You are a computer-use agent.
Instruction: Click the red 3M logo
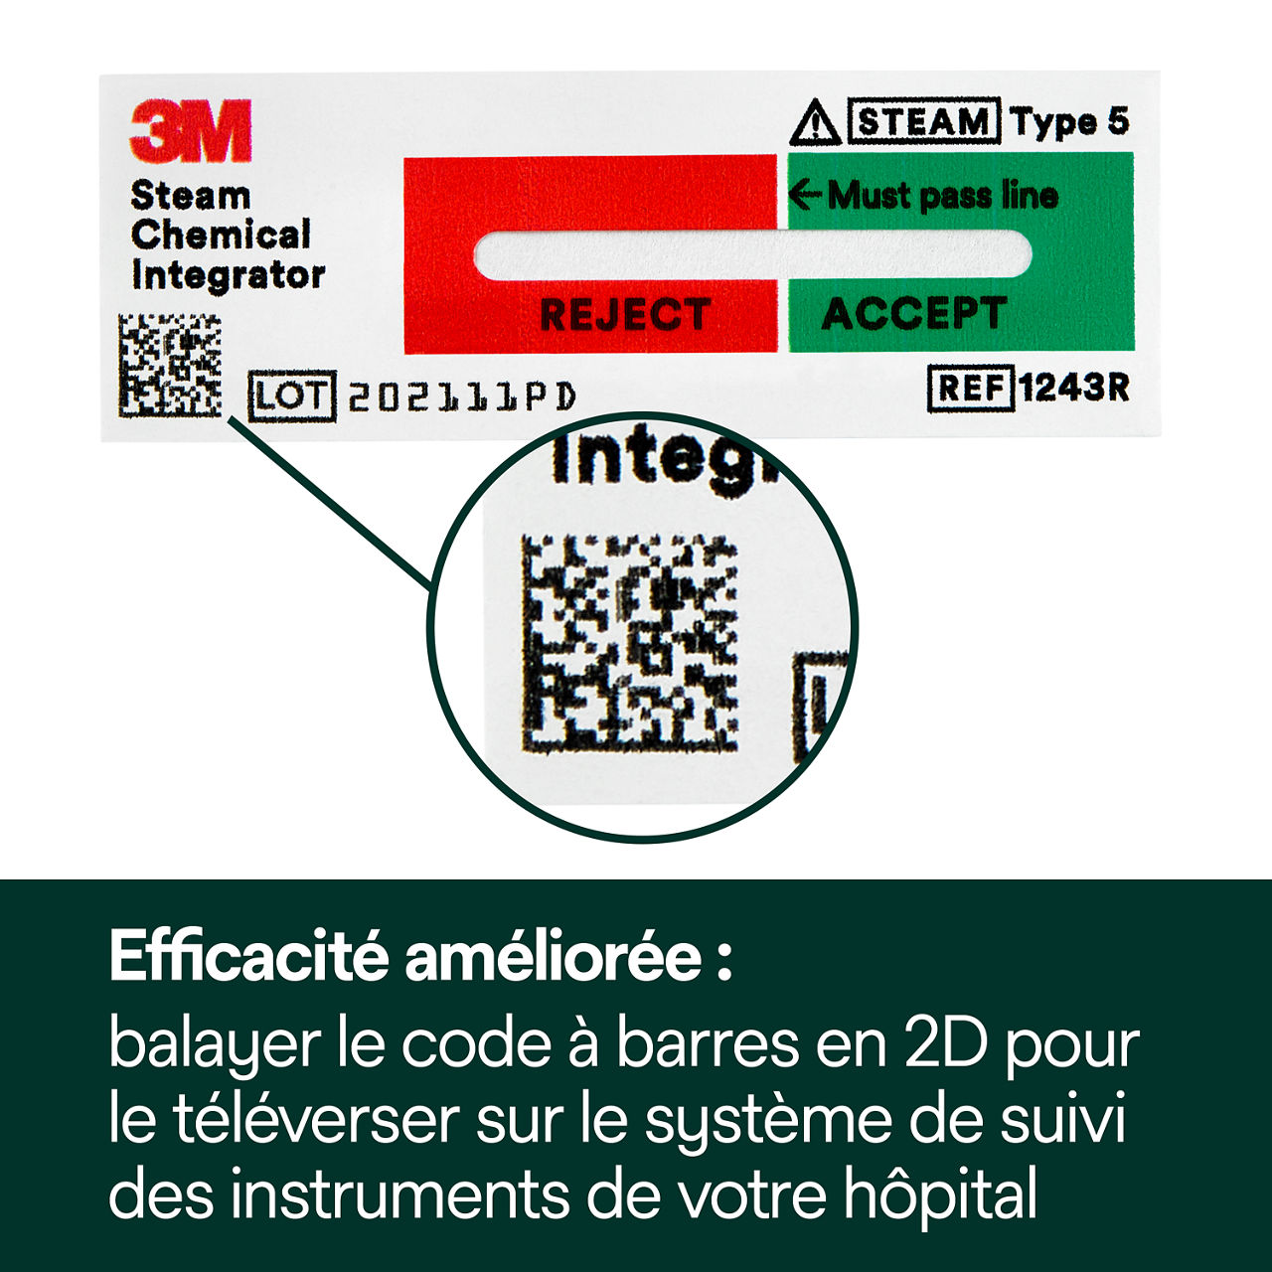[190, 131]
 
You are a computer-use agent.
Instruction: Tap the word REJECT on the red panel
[625, 315]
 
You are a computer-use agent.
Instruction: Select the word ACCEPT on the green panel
[913, 314]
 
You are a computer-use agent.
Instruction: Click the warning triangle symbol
[815, 123]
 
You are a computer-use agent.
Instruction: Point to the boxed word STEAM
[924, 121]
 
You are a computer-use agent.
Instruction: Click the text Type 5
[1070, 121]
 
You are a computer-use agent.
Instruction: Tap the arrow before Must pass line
[805, 195]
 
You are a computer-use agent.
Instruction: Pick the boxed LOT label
[292, 397]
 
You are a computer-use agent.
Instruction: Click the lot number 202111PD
[461, 397]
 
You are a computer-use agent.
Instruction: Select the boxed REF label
[970, 388]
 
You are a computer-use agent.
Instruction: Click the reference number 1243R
[1073, 388]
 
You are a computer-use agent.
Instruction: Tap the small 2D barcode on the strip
[170, 365]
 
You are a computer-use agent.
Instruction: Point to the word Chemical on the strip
[221, 236]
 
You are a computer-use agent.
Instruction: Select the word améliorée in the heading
[554, 957]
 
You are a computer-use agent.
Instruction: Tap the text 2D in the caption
[946, 1044]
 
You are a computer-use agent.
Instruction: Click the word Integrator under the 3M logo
[228, 275]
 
